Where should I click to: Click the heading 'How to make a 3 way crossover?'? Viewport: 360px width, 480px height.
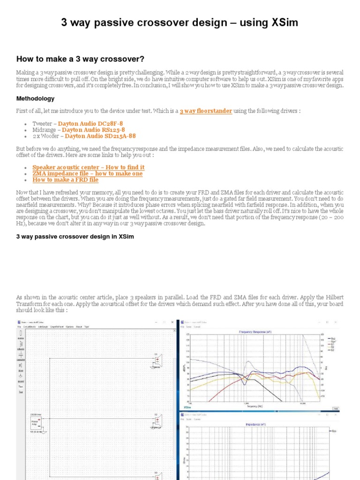click(80, 59)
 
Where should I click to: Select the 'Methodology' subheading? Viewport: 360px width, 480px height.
click(35, 99)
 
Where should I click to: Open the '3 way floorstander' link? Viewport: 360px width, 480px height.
click(206, 111)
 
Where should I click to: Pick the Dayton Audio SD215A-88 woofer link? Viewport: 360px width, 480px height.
click(100, 136)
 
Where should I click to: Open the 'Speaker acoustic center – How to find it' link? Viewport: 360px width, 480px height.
click(88, 167)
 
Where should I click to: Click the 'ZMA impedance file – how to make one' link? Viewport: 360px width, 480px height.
click(87, 173)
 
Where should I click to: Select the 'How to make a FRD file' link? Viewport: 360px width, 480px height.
click(65, 180)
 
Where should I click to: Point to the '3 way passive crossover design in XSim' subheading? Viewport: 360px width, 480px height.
click(75, 237)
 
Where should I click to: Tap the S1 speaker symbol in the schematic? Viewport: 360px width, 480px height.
click(157, 362)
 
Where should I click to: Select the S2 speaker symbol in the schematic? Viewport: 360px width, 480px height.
click(157, 423)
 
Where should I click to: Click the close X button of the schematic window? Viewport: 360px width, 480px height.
click(172, 322)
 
